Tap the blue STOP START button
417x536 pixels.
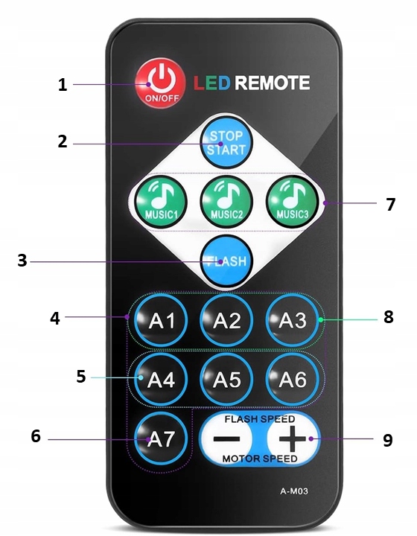[226, 142]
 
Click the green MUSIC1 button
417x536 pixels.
[161, 202]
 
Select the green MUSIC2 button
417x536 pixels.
[226, 202]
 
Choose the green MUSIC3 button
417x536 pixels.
[292, 202]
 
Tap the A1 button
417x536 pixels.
[161, 320]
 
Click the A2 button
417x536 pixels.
[226, 320]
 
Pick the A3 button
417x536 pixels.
[292, 320]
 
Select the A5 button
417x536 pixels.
[226, 379]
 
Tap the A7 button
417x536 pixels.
[161, 438]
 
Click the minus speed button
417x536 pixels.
[226, 438]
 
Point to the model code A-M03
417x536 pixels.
[294, 491]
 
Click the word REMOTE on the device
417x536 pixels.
[273, 83]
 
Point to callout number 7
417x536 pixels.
[390, 205]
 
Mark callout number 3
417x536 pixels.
[22, 261]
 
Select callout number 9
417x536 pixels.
[388, 440]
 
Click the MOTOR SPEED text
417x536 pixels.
[260, 459]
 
